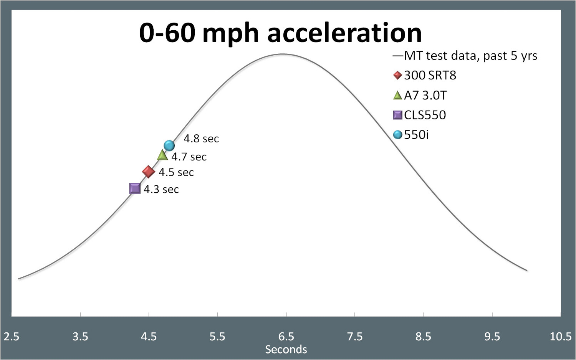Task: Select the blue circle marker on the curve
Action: (169, 145)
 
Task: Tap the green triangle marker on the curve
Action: (162, 155)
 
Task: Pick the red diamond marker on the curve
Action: (149, 172)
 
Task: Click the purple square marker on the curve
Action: (135, 188)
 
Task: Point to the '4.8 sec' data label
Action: (201, 139)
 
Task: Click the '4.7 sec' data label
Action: (189, 157)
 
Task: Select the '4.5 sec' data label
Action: (176, 172)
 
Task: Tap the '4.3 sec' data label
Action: (161, 189)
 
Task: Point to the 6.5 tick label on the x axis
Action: (286, 337)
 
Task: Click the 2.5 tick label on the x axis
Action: (12, 337)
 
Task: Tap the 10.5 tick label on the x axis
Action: (560, 337)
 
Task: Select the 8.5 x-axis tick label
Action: (423, 337)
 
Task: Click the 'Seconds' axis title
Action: (286, 349)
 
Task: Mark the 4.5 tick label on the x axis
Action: (149, 337)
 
